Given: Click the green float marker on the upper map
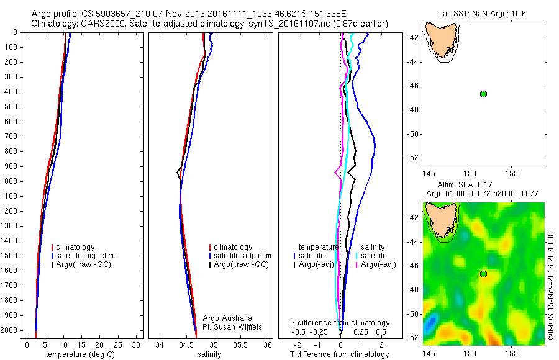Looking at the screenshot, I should [x=483, y=94].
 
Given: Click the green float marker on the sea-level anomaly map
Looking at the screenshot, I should [x=483, y=274].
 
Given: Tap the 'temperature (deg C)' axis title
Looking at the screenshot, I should [x=78, y=354].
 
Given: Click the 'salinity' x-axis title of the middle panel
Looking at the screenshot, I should [x=209, y=354].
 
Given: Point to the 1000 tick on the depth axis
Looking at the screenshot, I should [x=11, y=181].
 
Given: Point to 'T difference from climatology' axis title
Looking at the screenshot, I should [x=339, y=354].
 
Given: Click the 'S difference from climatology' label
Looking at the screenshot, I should [x=340, y=323].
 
